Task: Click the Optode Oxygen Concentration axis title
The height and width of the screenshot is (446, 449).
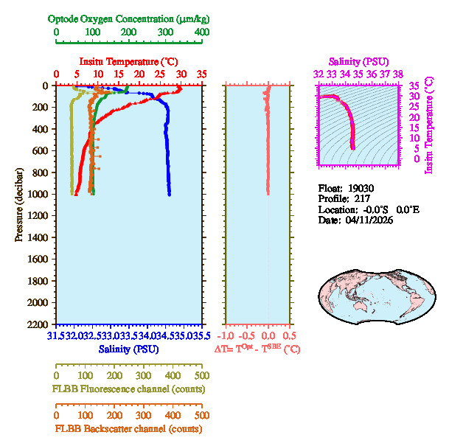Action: [x=128, y=18]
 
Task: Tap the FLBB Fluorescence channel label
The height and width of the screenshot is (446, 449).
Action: [x=128, y=388]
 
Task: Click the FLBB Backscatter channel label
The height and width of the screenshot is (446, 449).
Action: [x=128, y=428]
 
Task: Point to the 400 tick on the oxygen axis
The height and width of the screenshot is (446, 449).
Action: [x=201, y=33]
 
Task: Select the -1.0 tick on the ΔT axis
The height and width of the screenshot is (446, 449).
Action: [x=227, y=335]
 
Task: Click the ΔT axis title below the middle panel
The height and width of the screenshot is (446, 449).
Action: [x=257, y=349]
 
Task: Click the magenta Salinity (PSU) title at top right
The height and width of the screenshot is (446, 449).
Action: [x=358, y=61]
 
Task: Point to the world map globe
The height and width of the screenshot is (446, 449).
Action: [x=369, y=291]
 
